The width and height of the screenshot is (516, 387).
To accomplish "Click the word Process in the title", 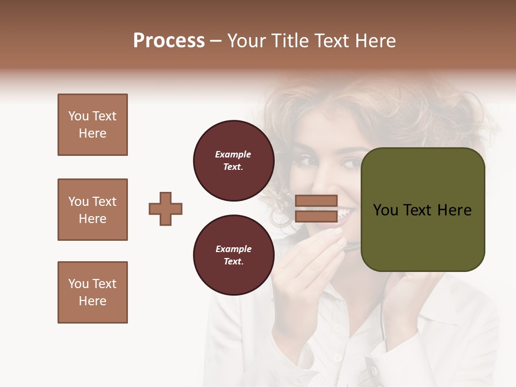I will (169, 41).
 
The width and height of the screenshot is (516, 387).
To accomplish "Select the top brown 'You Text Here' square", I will (92, 125).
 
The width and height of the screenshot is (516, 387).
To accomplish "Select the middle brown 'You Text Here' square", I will (92, 210).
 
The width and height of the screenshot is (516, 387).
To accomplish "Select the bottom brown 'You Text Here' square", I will (92, 292).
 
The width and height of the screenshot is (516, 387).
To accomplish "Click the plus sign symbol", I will (166, 209).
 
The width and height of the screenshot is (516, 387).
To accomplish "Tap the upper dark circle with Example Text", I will (233, 161).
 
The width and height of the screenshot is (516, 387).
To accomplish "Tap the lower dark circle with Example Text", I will (233, 255).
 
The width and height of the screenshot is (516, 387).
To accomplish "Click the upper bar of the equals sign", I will (316, 201).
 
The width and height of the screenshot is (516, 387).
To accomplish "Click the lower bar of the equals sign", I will (316, 216).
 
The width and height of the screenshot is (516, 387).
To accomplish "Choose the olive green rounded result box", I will (422, 236).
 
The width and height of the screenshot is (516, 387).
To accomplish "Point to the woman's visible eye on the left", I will (308, 161).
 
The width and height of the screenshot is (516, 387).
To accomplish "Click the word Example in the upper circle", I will (233, 154).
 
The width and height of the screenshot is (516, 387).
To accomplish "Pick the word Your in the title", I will (246, 41).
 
